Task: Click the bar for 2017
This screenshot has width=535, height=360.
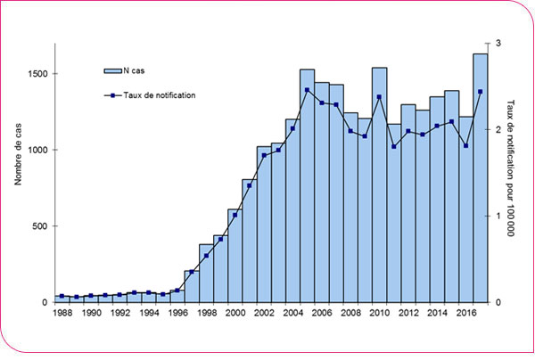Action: click(x=479, y=178)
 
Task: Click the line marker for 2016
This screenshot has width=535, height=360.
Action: click(x=465, y=145)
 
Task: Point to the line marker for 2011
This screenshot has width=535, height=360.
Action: click(x=393, y=146)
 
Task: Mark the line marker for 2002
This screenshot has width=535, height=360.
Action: click(x=264, y=155)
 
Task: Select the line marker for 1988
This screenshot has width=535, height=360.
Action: click(x=62, y=296)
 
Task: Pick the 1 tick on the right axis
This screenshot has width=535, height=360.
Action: click(x=498, y=217)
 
